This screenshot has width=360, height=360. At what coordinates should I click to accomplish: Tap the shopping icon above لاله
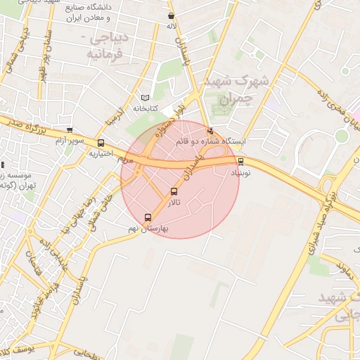pos(172,15)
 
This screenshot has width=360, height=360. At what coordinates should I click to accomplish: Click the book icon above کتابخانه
pos(146,98)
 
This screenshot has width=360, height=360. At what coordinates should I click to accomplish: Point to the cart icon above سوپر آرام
pos(69,130)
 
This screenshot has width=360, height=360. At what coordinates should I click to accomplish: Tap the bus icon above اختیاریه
pos(101,143)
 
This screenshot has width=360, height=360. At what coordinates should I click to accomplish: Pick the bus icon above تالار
pos(174,191)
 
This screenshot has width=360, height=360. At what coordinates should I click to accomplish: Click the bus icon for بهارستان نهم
pos(147,217)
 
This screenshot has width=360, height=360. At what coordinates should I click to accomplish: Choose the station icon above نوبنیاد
pos(241,160)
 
